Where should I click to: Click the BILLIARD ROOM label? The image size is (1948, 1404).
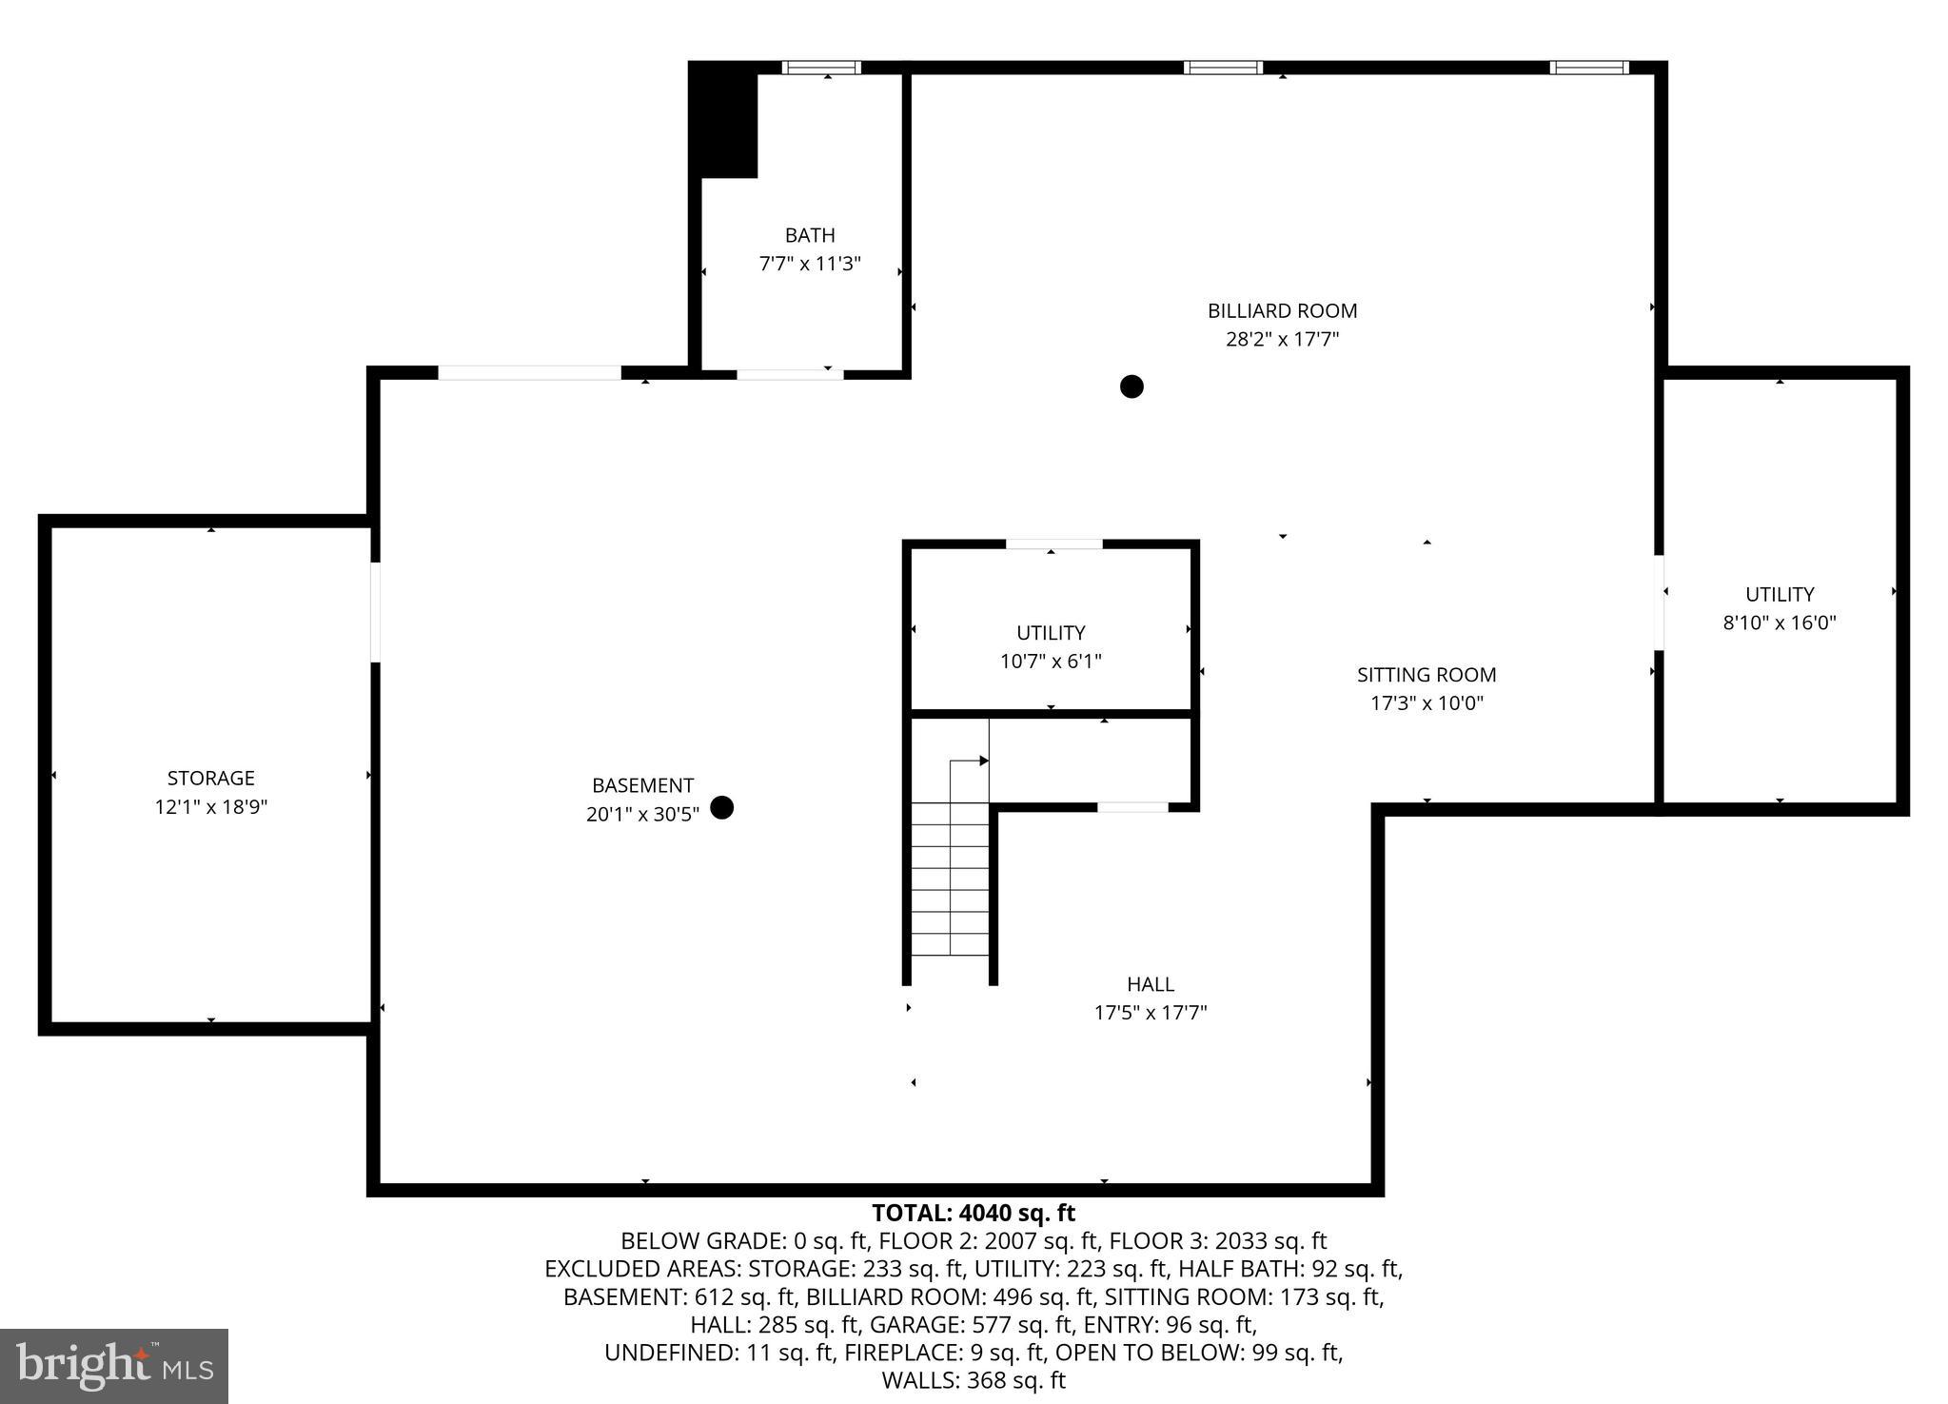tap(1282, 311)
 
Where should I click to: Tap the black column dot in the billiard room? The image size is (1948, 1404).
tap(1131, 386)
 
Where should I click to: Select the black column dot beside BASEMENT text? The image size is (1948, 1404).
tap(722, 807)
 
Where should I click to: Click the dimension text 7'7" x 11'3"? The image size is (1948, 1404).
tap(810, 264)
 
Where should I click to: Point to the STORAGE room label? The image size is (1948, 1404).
tap(211, 778)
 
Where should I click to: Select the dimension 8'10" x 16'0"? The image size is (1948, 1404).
tap(1779, 623)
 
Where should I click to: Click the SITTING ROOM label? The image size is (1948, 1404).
tap(1426, 675)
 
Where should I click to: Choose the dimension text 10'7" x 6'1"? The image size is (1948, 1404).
tap(1051, 661)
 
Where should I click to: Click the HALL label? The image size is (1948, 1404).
tap(1150, 984)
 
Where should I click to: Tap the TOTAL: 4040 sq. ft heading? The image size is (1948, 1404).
tap(974, 1213)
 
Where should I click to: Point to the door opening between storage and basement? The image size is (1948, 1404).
tap(375, 612)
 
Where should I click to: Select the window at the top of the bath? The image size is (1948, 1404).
tap(821, 68)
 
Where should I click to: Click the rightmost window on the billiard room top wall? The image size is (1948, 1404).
tap(1588, 68)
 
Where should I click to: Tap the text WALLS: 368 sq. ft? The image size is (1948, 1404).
tap(974, 1380)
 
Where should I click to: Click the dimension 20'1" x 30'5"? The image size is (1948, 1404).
tap(642, 814)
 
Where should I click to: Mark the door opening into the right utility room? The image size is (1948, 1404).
tap(1659, 602)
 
